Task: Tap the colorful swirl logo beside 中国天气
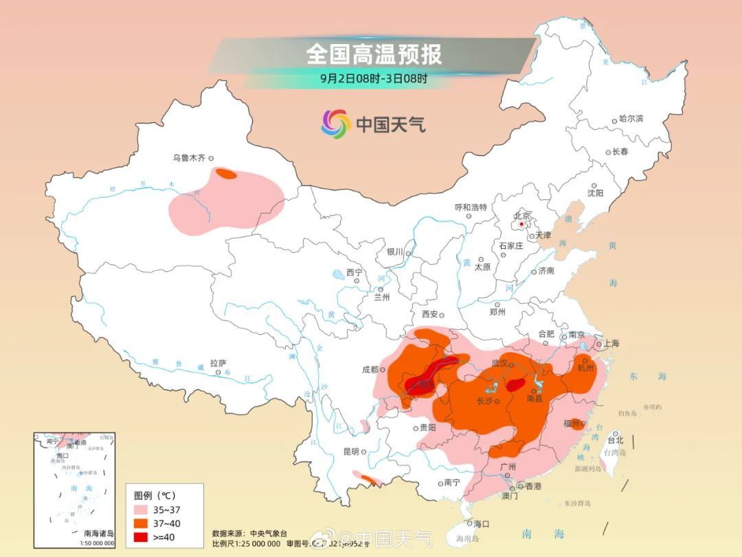336,124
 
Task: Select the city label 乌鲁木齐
188,158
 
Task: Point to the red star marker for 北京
522,223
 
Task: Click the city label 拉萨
218,363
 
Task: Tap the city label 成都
370,369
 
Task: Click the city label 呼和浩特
471,207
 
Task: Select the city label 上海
610,343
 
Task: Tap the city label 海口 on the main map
481,524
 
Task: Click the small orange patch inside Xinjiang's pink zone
225,174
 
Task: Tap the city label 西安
429,314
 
